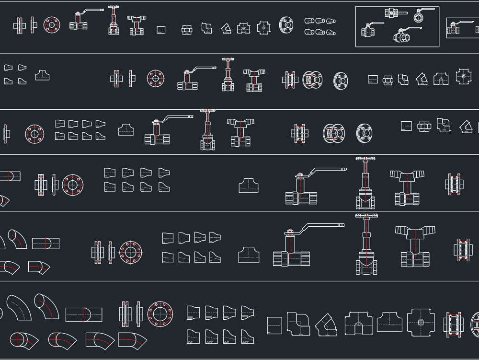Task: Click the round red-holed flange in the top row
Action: point(52,25)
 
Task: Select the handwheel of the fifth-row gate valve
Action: point(366,217)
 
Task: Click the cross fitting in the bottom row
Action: point(421,323)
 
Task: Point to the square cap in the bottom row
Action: point(274,325)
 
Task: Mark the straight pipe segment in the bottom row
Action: point(84,315)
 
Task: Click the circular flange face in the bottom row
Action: point(160,314)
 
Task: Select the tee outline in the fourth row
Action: point(248,186)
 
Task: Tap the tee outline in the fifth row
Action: point(249,255)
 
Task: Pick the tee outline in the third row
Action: point(127,129)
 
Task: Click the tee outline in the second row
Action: point(42,75)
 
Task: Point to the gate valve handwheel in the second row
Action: point(228,59)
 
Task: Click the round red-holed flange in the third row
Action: point(34,134)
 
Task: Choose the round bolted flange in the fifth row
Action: point(130,252)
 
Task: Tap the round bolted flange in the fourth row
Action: point(73,185)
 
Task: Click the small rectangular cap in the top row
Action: point(161,30)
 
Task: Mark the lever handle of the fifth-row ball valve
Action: point(321,226)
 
